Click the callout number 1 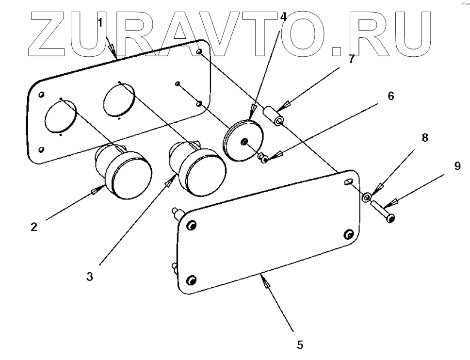100,22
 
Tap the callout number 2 33,227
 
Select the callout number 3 89,277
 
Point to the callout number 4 284,15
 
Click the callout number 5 300,345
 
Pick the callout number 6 390,96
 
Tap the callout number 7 351,59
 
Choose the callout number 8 425,137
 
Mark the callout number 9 457,166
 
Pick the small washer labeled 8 367,197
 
